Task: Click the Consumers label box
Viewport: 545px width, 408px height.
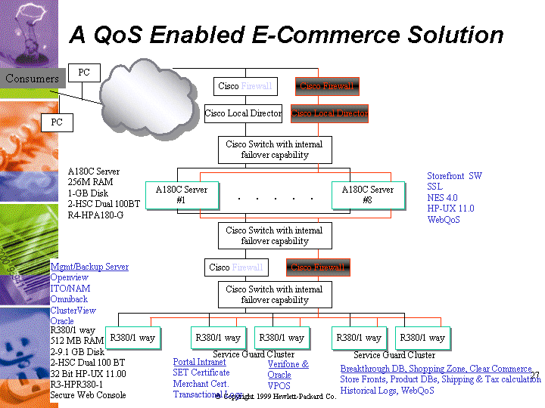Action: [32, 79]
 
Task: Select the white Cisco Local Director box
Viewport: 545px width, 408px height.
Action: [243, 113]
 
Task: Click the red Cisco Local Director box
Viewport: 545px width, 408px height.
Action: [329, 113]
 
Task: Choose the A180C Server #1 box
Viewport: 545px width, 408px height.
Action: [181, 195]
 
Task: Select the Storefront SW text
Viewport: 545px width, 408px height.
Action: [454, 176]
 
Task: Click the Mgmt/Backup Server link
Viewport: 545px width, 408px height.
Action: [89, 267]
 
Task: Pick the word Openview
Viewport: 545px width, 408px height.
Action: [70, 277]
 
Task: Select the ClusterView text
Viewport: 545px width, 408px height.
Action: [73, 310]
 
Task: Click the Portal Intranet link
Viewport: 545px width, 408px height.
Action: [199, 362]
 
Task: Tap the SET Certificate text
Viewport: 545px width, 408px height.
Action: [201, 372]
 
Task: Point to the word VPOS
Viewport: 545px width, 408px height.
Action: [279, 386]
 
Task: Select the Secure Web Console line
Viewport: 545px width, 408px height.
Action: [88, 395]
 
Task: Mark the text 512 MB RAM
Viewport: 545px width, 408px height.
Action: [77, 341]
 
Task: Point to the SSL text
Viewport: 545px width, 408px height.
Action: [434, 187]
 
